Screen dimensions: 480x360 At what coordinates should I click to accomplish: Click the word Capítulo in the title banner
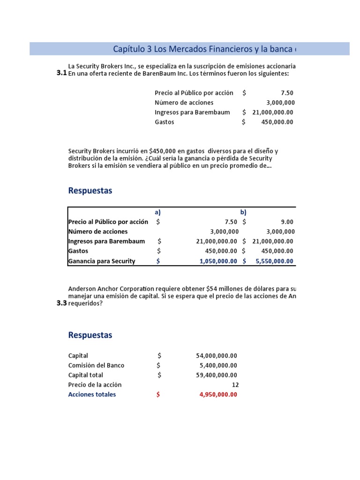tap(128, 49)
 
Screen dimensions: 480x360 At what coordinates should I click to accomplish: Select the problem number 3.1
tap(61, 73)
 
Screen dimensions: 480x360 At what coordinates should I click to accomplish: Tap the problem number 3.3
tap(61, 303)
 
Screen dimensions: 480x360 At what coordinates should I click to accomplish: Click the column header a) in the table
tap(157, 212)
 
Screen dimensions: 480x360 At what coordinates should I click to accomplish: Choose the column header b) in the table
tap(243, 212)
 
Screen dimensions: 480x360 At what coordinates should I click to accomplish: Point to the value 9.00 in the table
tap(287, 222)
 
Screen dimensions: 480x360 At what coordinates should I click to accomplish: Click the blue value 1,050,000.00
tap(218, 261)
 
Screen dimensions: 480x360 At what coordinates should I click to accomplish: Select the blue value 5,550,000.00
tap(274, 261)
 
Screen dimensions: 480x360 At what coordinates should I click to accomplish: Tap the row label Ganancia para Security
tap(102, 261)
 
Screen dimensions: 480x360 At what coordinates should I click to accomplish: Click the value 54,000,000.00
tap(216, 356)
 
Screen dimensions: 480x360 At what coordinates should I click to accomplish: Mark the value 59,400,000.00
tap(216, 375)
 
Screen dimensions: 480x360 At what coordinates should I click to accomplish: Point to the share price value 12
tap(235, 384)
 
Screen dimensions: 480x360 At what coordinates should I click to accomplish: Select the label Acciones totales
tap(92, 394)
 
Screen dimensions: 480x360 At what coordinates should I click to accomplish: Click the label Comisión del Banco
tap(96, 365)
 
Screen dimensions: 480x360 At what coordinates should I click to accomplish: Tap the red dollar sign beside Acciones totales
tap(158, 394)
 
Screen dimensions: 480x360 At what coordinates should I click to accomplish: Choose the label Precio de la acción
tap(95, 384)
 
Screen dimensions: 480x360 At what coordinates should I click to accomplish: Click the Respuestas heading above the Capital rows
tap(90, 335)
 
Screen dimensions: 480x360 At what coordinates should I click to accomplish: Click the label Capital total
tap(85, 375)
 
